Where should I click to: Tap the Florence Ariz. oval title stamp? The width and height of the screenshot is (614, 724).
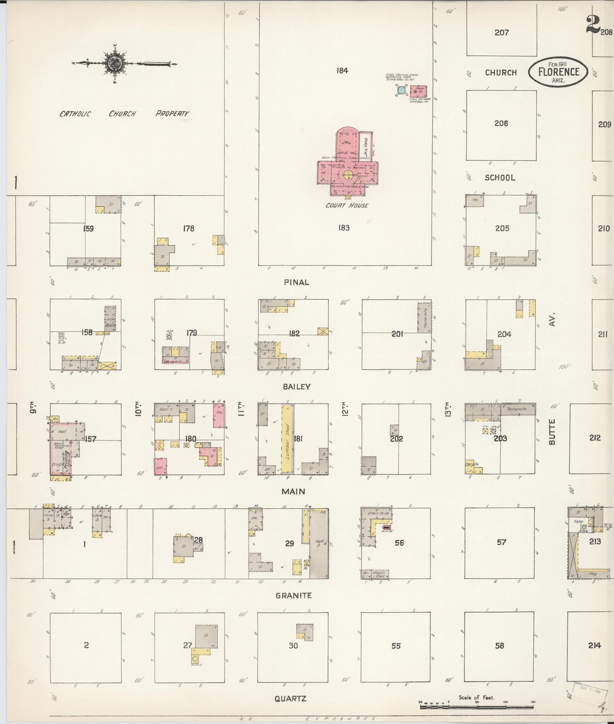click(x=558, y=72)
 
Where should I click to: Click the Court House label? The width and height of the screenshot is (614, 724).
click(x=347, y=206)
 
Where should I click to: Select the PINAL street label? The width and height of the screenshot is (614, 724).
click(x=297, y=282)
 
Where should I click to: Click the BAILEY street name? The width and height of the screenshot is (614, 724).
click(x=296, y=387)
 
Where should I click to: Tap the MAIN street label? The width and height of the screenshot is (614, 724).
click(x=294, y=491)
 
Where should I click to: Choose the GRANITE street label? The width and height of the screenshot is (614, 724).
click(x=294, y=595)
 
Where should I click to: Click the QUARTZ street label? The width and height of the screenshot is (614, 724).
click(x=291, y=699)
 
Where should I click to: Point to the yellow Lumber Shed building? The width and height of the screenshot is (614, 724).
click(x=287, y=439)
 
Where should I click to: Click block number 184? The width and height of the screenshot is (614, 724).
click(x=342, y=70)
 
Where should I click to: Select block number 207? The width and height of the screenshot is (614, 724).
click(x=501, y=32)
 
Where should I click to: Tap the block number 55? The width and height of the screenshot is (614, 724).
click(x=396, y=646)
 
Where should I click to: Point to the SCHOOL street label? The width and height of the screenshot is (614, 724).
click(x=500, y=178)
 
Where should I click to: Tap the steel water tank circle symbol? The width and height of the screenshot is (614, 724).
click(x=401, y=90)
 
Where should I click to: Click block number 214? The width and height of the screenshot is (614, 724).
click(x=594, y=645)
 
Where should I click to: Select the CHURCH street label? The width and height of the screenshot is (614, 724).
click(x=501, y=73)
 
